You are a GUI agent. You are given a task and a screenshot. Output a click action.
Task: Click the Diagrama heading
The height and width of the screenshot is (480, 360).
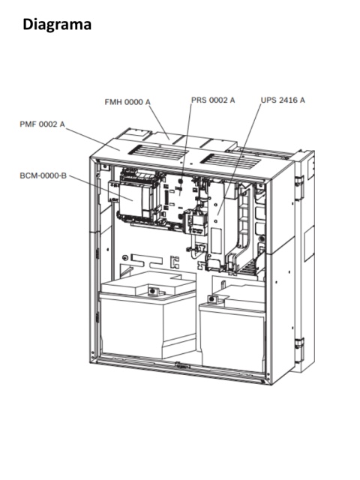tap(57, 25)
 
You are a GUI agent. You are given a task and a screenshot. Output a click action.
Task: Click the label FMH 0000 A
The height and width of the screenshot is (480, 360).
tap(127, 102)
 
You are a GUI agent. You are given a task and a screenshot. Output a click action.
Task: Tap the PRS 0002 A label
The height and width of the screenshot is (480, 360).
tap(213, 100)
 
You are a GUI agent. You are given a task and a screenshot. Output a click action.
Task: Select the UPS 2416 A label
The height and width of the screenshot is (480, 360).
tap(283, 100)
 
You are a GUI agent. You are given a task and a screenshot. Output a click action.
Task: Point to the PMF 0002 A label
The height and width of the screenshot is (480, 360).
tap(42, 124)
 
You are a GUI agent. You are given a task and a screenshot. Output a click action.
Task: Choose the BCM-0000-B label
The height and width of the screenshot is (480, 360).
tap(43, 175)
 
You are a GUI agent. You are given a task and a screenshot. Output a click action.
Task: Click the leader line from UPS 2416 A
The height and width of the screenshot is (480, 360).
tap(239, 160)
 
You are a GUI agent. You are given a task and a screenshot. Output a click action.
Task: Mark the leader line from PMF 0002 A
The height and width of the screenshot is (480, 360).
tap(93, 139)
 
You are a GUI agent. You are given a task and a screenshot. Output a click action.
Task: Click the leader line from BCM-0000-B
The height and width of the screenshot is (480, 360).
tap(101, 188)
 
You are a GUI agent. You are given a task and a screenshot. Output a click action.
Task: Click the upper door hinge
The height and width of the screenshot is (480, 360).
tap(299, 184)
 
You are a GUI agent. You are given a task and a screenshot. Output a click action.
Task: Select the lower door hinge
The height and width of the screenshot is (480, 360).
tap(299, 347)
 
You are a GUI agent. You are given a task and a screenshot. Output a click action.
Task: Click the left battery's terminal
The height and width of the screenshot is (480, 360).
tap(152, 290)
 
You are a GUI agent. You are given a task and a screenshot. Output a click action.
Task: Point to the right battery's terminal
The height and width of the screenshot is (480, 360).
tap(212, 299)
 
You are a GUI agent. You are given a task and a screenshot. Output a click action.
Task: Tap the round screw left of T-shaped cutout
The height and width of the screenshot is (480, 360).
tap(125, 257)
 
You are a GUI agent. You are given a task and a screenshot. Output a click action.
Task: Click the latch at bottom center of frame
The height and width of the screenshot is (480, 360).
tap(182, 365)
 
